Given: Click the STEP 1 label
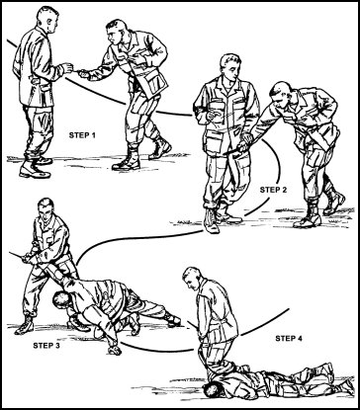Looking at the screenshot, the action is [82, 135].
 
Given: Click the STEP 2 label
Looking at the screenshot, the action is [273, 190].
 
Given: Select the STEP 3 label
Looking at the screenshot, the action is [46, 346].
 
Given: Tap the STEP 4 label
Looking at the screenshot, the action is [289, 338].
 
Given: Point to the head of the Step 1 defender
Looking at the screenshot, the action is [48, 19].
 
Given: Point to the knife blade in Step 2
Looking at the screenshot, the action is [234, 150].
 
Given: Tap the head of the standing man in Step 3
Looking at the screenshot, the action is [45, 209].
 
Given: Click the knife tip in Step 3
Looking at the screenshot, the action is [10, 253].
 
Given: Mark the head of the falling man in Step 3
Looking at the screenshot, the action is [62, 299].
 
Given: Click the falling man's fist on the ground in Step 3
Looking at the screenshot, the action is [115, 349].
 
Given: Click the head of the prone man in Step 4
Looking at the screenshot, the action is [213, 390].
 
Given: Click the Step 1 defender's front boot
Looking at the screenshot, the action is [35, 170].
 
